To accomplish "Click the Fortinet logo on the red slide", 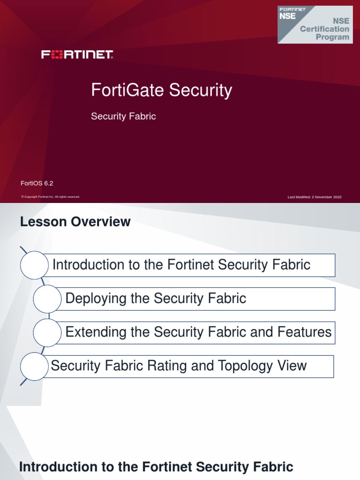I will coord(77,55).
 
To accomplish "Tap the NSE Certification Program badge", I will coord(315,24).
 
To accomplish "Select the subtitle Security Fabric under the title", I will coord(123,117).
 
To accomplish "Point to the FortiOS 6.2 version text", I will coord(34,183).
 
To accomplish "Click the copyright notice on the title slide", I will coord(51,197).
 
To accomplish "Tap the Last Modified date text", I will coord(315,197).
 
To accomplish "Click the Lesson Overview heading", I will coord(75,222).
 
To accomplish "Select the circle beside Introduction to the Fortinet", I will coord(35,265).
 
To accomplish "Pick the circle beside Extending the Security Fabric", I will coord(47,333).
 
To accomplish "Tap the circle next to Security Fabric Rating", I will coord(35,366).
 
